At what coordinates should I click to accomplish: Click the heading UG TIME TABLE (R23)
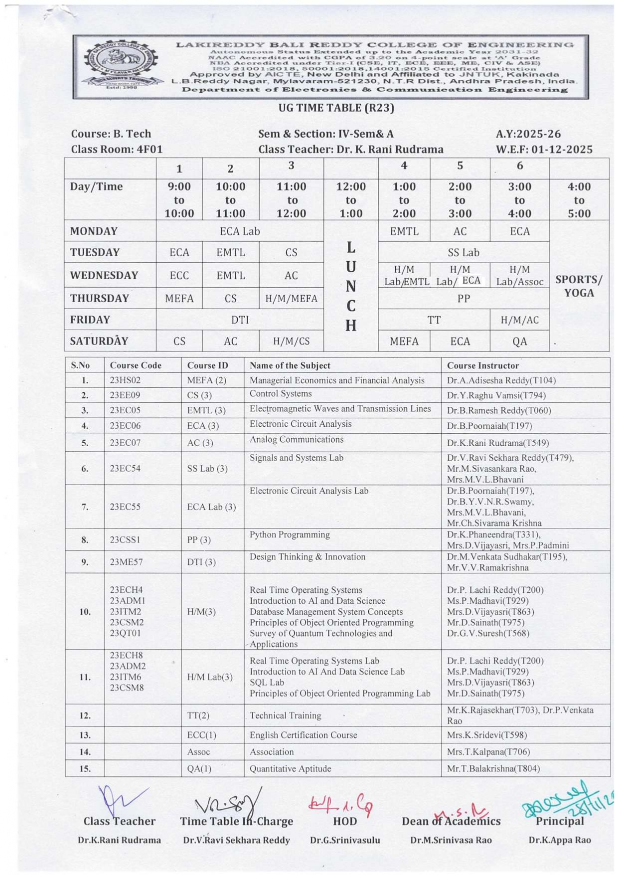coord(336,108)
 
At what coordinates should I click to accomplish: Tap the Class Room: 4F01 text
coord(117,149)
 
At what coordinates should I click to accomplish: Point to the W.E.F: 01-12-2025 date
coord(544,149)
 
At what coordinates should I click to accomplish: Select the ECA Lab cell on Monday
coord(240,231)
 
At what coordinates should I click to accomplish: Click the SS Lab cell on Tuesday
coord(463,253)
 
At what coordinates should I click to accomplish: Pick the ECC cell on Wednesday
coord(179,276)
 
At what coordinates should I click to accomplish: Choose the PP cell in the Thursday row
coord(463,298)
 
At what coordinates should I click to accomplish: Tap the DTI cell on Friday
coord(240,320)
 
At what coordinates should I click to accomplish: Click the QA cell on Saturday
coord(519,341)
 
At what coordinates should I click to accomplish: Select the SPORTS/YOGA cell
coord(579,286)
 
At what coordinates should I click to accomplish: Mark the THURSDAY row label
coord(100,298)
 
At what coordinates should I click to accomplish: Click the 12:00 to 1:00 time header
coord(351,200)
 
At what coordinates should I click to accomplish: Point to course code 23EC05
coord(125,410)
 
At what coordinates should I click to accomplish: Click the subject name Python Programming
coord(290,534)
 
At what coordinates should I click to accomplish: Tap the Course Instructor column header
coord(483,365)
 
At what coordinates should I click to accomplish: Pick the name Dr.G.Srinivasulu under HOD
coord(345,840)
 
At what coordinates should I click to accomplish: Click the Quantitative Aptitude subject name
coord(290,768)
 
